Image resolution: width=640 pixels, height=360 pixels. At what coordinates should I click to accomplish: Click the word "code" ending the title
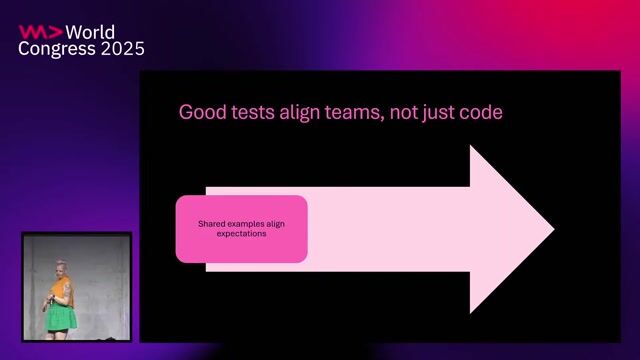click(480, 112)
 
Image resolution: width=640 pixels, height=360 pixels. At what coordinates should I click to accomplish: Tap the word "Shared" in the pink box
click(213, 224)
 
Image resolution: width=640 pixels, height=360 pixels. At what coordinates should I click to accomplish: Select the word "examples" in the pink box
click(246, 224)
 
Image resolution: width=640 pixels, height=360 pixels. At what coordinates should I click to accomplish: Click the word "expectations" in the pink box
click(242, 234)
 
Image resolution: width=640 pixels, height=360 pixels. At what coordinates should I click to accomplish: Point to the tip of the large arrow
click(552, 229)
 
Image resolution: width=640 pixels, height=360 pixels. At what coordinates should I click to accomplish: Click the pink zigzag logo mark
click(38, 32)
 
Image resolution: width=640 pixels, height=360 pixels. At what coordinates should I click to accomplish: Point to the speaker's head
click(62, 268)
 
